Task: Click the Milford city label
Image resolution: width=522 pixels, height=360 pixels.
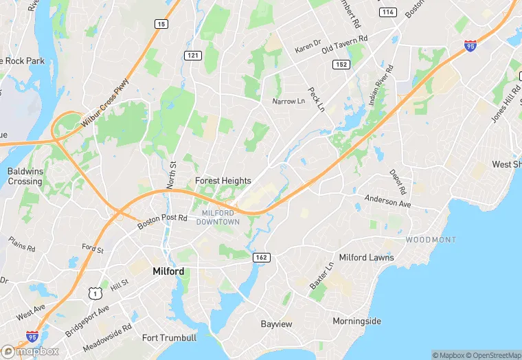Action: (x=168, y=271)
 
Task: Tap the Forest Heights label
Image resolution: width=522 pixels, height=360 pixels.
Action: (x=223, y=181)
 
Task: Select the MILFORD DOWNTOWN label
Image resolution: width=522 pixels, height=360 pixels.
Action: (x=218, y=217)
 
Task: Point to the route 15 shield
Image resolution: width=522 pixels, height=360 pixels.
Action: (x=161, y=24)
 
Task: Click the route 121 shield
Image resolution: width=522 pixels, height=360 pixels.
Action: (x=192, y=54)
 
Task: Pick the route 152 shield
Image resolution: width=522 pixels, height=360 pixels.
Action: (x=341, y=64)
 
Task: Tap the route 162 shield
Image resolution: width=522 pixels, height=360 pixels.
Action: (x=262, y=257)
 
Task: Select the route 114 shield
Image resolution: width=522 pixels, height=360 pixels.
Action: (x=388, y=12)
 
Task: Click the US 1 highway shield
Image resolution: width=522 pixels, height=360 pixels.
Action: (x=94, y=293)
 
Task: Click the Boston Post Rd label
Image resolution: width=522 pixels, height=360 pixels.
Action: (x=162, y=221)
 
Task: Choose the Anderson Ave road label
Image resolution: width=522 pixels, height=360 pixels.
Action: (x=387, y=201)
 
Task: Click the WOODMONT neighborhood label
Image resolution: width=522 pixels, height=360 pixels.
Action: (x=430, y=240)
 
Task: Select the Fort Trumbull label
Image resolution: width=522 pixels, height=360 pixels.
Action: (x=169, y=337)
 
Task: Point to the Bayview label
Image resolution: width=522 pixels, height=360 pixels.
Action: (x=277, y=323)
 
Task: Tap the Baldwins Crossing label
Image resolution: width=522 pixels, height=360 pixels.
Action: (x=25, y=176)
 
